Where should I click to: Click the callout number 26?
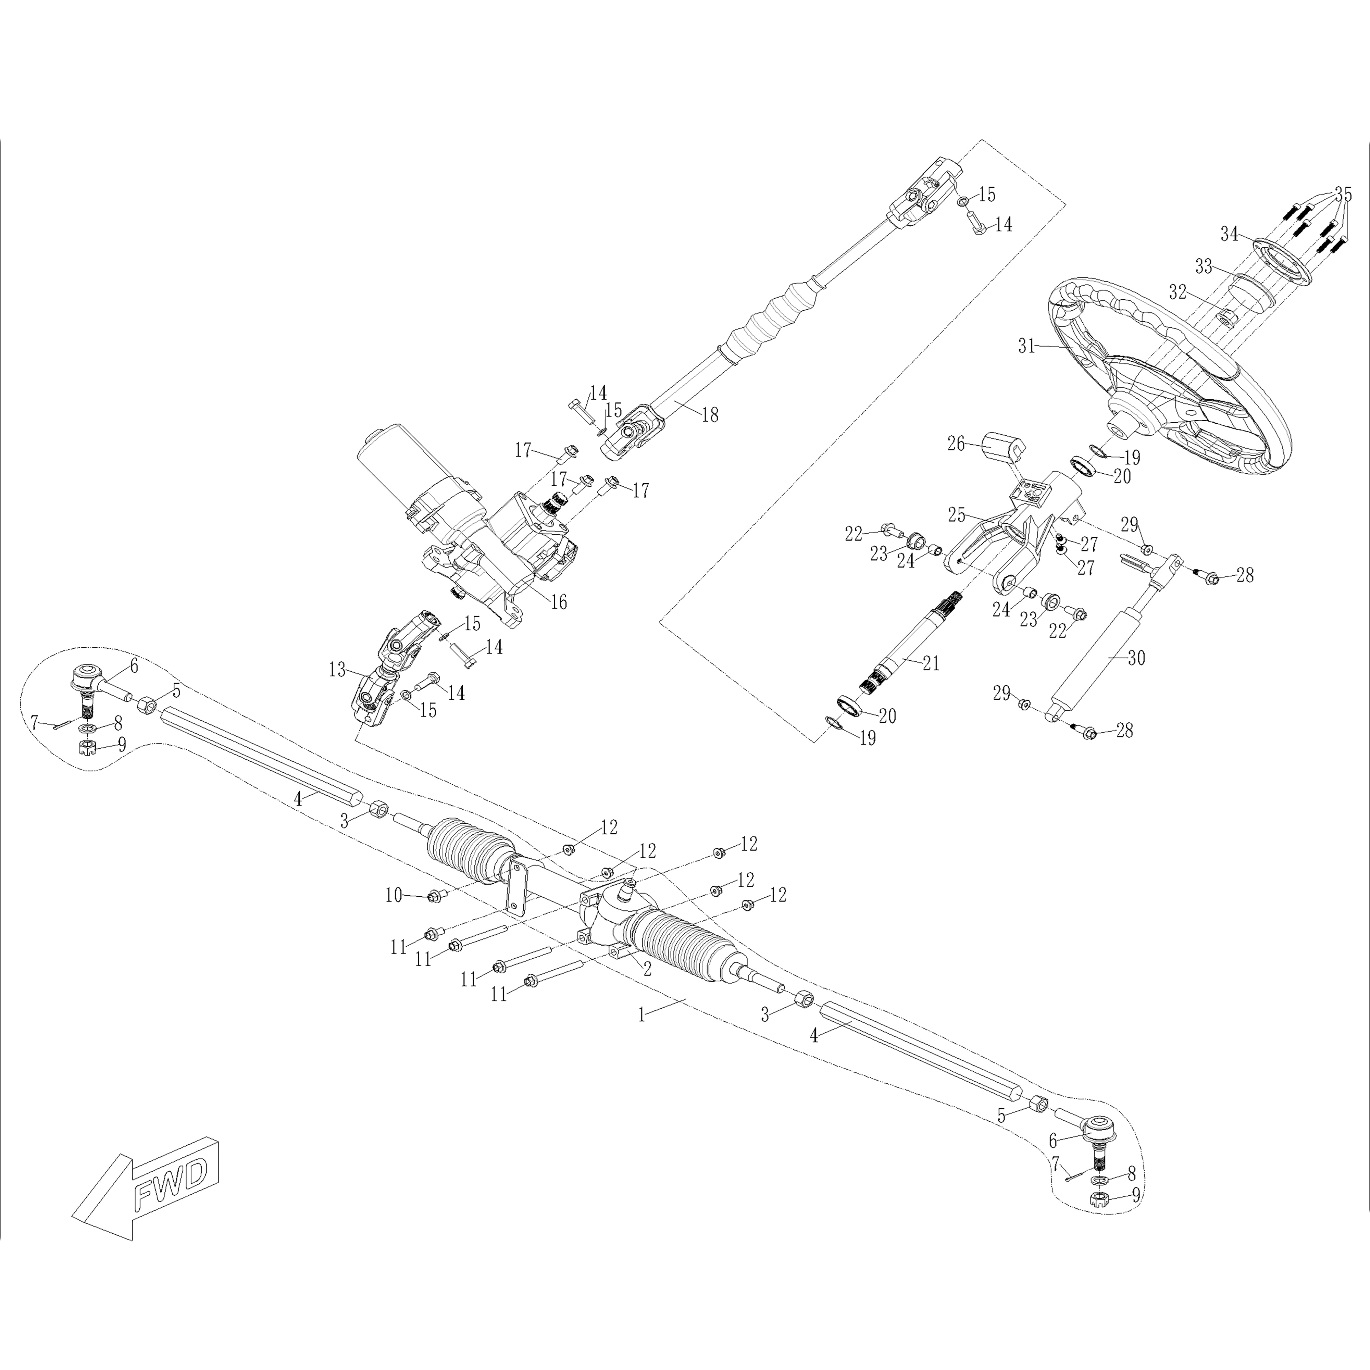pos(957,444)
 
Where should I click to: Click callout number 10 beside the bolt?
pos(394,896)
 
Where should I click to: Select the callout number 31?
pos(1027,346)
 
